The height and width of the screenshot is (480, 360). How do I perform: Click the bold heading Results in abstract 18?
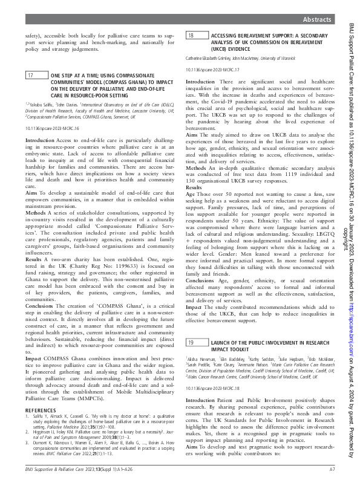click(195, 188)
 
